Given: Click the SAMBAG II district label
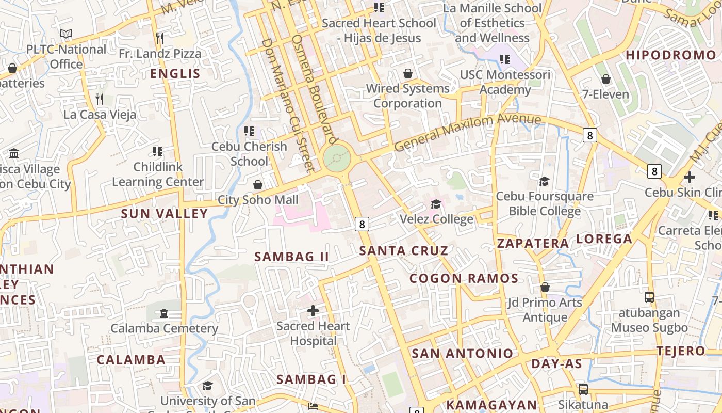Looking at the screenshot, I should pos(291,257).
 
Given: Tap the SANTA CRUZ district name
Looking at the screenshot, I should pos(404,251).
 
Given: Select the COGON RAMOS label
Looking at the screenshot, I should pos(464,279).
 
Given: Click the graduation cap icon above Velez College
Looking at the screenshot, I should pos(436,204).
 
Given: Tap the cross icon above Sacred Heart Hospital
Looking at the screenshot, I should pos(313,311).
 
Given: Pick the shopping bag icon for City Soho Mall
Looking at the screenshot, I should pos(258,185).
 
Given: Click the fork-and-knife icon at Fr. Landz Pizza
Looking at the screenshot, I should pos(160,38).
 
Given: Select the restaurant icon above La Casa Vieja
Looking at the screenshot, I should pos(100,99).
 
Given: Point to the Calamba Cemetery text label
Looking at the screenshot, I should pos(164,328).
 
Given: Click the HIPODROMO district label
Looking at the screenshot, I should pos(671,55).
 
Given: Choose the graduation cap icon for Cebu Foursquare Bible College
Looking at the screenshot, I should pos(544,181).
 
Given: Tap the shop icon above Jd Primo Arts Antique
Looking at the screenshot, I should pos(545,287).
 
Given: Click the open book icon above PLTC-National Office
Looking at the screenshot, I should pos(66,34).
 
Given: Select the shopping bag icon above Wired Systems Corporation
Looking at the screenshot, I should pos(407,73).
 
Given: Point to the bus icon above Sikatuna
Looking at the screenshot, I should pos(583,389).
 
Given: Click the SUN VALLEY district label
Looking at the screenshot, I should pos(164,214).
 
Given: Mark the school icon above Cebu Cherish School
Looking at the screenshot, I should pos(249,131).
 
